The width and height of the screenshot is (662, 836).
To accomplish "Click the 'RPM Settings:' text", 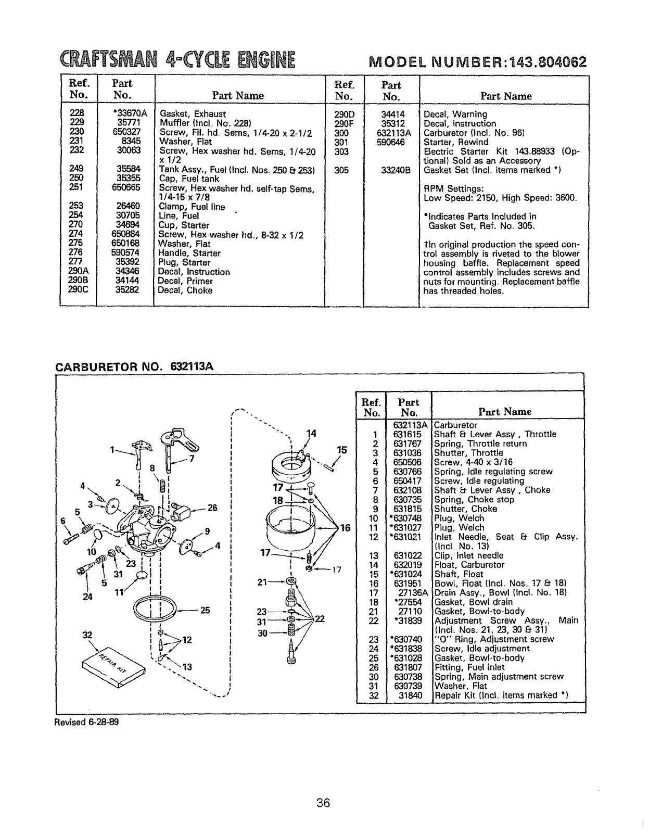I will [x=454, y=188].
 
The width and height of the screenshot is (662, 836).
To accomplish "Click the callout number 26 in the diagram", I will [x=212, y=508].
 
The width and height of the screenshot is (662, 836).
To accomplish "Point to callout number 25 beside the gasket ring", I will [x=205, y=610].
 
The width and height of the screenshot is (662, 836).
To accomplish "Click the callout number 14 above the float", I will [x=311, y=434].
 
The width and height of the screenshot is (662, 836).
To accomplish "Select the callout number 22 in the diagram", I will [x=320, y=619].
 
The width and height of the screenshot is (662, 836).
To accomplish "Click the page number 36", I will [x=323, y=803].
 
